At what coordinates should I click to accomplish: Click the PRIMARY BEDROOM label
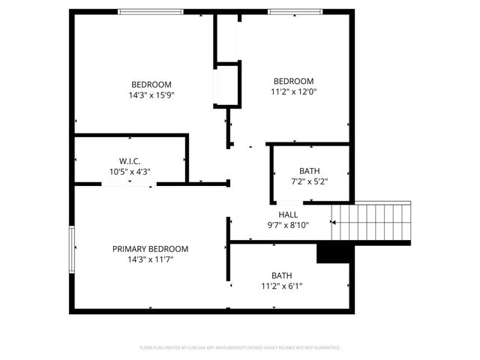pos(150,249)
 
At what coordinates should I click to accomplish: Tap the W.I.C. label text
pos(130,161)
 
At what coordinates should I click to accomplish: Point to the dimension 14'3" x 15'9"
pos(151,95)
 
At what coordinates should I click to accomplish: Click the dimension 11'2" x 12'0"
pos(293,93)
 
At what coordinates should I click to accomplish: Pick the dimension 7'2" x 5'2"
pos(309,181)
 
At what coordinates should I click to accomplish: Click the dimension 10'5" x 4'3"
pos(130,171)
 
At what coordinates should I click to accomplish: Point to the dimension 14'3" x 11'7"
pos(150,259)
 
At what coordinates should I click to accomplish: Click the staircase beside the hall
pos(372,223)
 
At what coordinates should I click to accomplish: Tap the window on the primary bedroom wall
pos(73,250)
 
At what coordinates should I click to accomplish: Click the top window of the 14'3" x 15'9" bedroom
pos(151,12)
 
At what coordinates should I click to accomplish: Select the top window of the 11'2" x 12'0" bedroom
pos(295,12)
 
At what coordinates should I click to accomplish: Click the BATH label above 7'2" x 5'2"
pos(309,170)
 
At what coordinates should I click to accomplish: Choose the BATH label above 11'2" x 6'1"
pos(282,274)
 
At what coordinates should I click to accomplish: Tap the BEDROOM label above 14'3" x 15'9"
pos(151,84)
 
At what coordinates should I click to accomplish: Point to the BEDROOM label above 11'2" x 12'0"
pos(293,82)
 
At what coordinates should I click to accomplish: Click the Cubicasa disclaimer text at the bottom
pos(240,348)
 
